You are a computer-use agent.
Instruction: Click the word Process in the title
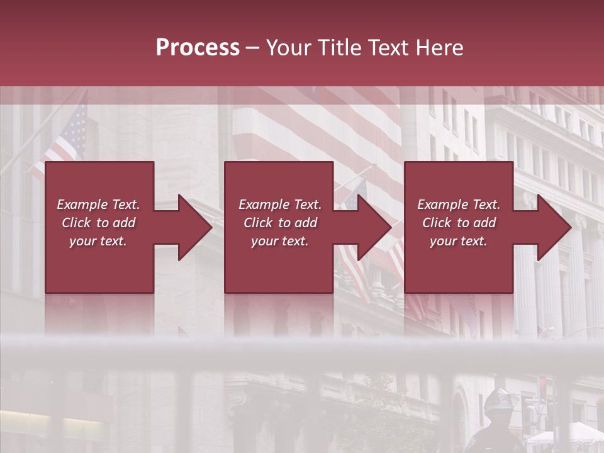tap(198, 48)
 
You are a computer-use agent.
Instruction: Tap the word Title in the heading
tap(341, 48)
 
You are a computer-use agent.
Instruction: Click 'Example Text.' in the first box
tap(98, 204)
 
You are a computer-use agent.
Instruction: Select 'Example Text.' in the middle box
tap(280, 204)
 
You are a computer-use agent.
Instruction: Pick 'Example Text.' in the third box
tap(459, 204)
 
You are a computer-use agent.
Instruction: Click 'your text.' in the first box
tap(98, 241)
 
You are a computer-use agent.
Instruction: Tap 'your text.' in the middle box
tap(280, 241)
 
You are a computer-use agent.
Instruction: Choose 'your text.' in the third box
tap(459, 241)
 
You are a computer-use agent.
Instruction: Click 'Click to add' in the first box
tap(98, 223)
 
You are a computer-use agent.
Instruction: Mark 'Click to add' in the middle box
tap(280, 223)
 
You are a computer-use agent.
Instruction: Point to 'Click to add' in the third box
tap(459, 223)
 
